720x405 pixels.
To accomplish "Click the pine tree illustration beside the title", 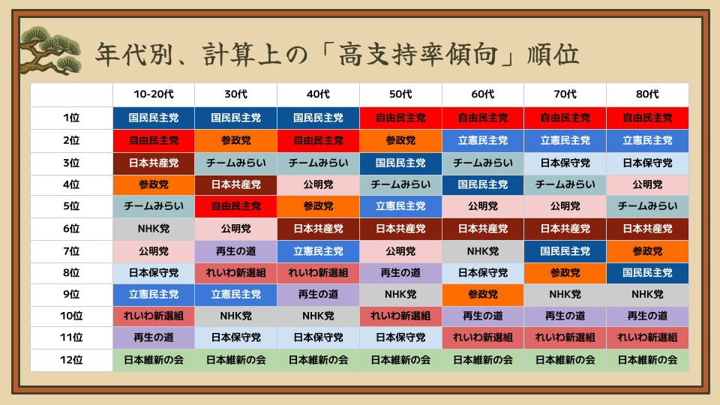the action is click(x=50, y=50).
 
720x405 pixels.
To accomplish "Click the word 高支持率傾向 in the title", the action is click(x=418, y=55).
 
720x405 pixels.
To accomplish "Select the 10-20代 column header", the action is click(x=153, y=94).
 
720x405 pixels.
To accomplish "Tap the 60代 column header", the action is click(x=482, y=94).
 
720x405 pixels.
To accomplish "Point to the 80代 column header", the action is click(x=647, y=94).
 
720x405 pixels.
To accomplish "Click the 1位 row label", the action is click(x=71, y=118).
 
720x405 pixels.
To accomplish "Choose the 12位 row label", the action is click(x=71, y=360).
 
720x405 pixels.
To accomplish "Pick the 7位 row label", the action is click(x=71, y=251).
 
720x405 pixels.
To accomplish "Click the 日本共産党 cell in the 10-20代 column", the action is click(x=153, y=163).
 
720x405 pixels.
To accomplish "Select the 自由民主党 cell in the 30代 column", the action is click(x=235, y=206).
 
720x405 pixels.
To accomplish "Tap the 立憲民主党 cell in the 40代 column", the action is click(x=318, y=251).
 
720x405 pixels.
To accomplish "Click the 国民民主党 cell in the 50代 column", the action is click(x=400, y=163).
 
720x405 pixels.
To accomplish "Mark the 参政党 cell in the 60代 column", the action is click(x=482, y=294).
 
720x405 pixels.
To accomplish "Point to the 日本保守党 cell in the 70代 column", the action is click(x=565, y=163).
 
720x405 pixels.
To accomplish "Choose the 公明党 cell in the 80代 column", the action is click(x=647, y=184).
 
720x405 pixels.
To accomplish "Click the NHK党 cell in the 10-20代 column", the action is click(x=153, y=229).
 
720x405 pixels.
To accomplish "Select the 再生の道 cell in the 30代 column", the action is click(x=235, y=251).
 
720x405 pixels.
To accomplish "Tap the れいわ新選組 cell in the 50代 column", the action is click(x=400, y=316).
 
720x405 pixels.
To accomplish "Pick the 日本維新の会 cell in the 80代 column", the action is click(x=647, y=360).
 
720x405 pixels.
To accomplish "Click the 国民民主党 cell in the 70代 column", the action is click(x=565, y=251).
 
